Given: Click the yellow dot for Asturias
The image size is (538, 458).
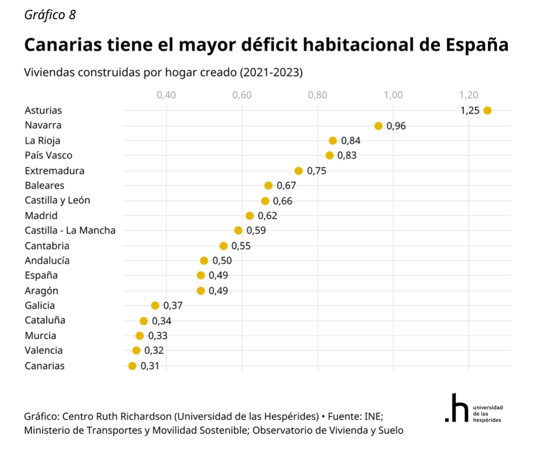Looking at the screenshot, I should (x=487, y=110).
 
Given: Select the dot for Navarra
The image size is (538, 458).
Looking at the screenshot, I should (x=378, y=126).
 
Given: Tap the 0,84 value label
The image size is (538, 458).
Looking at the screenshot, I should (x=351, y=141).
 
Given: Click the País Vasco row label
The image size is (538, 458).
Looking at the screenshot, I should (x=48, y=155).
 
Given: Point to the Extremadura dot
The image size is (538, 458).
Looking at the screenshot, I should (x=299, y=171).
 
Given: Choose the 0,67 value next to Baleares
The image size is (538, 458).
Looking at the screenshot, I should (x=286, y=186).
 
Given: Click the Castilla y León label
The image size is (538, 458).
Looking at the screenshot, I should (x=57, y=200).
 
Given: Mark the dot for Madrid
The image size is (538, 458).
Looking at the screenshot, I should (x=250, y=216).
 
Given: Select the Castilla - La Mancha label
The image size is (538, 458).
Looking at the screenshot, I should (x=70, y=231).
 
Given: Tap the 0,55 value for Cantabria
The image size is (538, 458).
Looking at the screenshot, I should (x=241, y=246).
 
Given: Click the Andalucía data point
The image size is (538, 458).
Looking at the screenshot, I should (x=204, y=261).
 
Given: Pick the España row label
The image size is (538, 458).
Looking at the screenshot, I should (x=41, y=276).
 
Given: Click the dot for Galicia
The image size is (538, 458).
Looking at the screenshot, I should (x=155, y=306).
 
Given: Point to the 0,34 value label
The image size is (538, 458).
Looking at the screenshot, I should (x=161, y=321).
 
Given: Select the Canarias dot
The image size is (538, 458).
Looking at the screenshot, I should (x=132, y=366).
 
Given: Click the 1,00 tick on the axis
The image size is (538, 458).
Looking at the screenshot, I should (x=393, y=95).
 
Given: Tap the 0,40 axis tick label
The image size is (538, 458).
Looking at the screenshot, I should (x=166, y=95).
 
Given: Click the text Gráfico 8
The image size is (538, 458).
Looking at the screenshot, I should (x=50, y=15).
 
